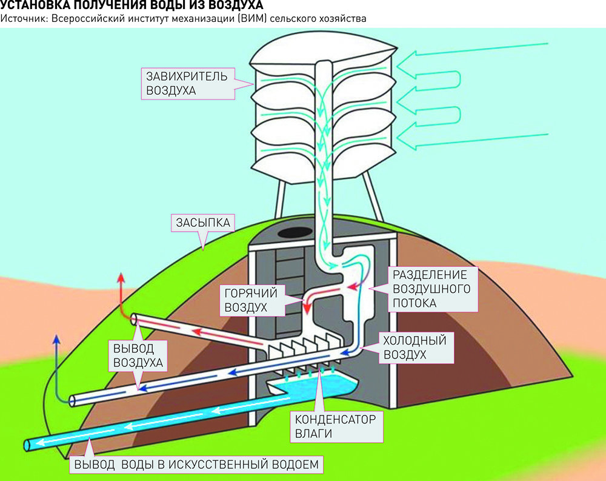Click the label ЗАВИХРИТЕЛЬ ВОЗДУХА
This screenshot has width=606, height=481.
click(186, 83)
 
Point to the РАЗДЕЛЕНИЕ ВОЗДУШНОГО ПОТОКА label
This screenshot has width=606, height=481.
click(431, 289)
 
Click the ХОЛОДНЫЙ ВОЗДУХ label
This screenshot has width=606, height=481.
click(415, 348)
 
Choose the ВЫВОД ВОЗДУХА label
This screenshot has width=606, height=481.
click(138, 355)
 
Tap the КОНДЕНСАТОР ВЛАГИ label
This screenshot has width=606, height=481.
click(335, 426)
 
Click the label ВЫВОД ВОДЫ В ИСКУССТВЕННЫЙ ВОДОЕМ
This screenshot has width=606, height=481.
click(196, 464)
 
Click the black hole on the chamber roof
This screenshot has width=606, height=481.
click(296, 232)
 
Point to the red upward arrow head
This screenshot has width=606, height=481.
click(121, 278)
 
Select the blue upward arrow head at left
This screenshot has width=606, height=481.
click(56, 340)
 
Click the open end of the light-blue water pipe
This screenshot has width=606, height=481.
click(27, 445)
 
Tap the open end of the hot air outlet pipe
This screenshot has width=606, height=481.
click(134, 319)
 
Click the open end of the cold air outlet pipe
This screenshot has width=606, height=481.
click(72, 400)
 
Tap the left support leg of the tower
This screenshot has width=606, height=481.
click(280, 200)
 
